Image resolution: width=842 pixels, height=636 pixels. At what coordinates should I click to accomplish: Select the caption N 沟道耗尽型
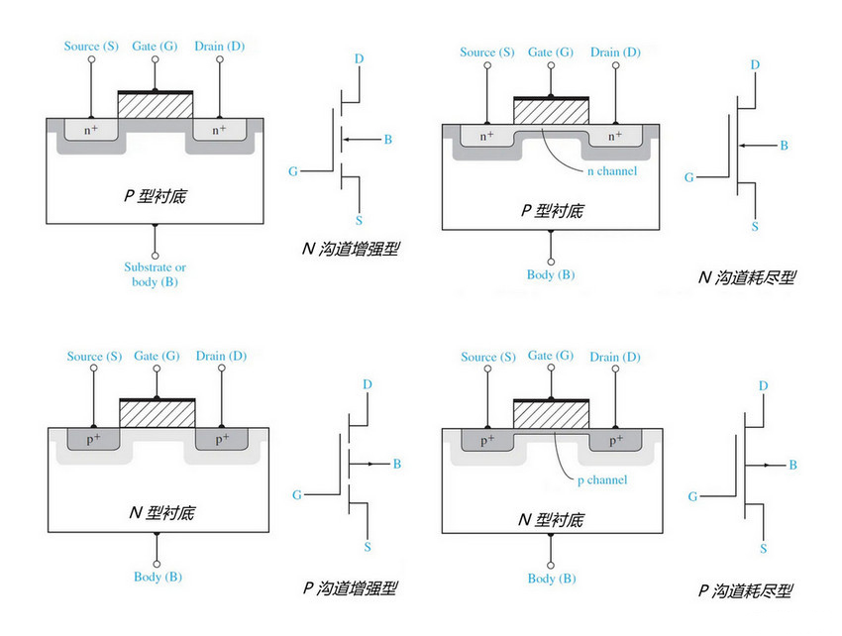coord(745,277)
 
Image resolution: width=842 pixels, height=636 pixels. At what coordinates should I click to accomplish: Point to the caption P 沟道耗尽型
coord(745,591)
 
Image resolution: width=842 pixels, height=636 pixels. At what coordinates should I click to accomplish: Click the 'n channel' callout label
coord(611,170)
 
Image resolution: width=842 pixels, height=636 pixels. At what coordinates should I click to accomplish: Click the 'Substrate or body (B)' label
coord(155,274)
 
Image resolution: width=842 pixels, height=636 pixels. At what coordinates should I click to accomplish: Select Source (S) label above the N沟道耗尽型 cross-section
coord(487,53)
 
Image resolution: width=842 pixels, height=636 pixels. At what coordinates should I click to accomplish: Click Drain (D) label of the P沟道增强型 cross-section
coord(220,357)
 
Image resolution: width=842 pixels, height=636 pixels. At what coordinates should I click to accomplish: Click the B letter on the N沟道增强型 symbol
coord(387,140)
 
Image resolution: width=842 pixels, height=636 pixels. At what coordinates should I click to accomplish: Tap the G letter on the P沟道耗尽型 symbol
coord(691,495)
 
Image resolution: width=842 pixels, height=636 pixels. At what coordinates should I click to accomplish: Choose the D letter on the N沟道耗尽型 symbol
coord(755,65)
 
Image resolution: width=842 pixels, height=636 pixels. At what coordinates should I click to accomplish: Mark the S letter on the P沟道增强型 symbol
coord(368,546)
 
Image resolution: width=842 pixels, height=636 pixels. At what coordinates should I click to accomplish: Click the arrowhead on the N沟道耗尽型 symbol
coord(742,146)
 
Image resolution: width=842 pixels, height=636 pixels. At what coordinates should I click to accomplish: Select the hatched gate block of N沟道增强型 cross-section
coord(155,105)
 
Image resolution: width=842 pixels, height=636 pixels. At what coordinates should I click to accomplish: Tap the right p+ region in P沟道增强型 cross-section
coord(222,437)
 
